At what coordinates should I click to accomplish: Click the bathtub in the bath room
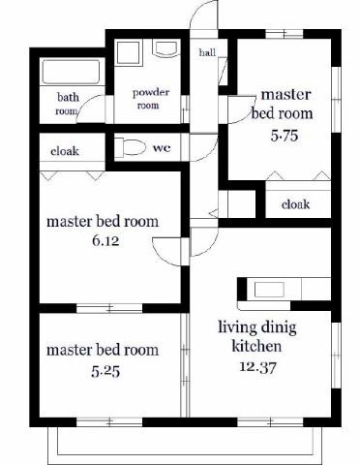click(71, 72)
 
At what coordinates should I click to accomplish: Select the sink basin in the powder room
click(166, 48)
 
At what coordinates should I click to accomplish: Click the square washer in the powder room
click(128, 52)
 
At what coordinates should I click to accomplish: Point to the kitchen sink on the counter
click(269, 290)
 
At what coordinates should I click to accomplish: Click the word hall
click(207, 52)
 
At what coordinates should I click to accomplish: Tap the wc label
click(162, 148)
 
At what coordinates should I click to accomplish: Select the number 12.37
click(257, 367)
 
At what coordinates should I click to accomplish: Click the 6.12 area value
click(105, 240)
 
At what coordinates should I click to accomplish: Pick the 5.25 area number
click(105, 372)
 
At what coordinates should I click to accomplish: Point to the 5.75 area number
click(285, 136)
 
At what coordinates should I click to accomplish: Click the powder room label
click(150, 99)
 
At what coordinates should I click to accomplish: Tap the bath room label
click(68, 104)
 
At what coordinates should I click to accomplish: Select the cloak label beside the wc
click(65, 151)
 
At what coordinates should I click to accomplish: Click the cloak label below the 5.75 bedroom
click(295, 204)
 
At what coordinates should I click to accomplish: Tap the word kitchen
click(256, 346)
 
